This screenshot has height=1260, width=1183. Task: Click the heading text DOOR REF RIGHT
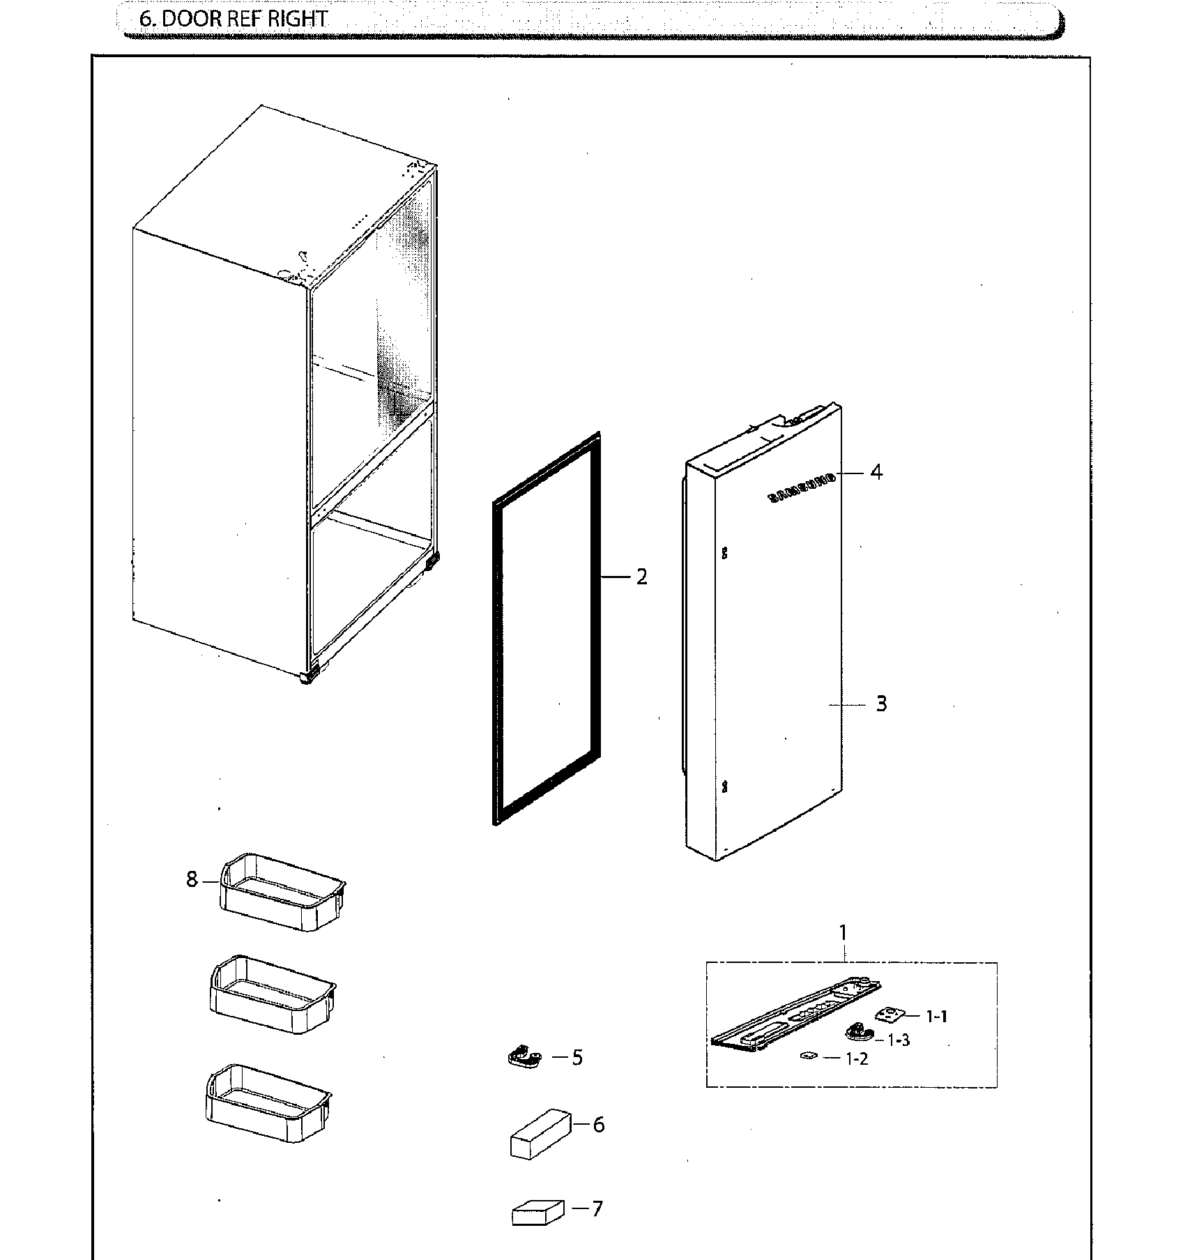click(x=233, y=19)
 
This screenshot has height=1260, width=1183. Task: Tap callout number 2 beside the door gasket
click(x=641, y=577)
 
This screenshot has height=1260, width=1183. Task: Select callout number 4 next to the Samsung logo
click(x=876, y=472)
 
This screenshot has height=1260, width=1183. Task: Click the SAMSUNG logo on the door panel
click(x=802, y=487)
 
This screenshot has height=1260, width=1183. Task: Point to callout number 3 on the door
click(x=881, y=704)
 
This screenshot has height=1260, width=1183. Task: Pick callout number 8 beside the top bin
click(x=192, y=879)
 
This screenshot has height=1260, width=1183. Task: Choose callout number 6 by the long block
click(x=598, y=1124)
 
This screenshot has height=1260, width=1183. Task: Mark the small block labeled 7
click(x=537, y=1212)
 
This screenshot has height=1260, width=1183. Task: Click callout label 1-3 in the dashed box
click(x=899, y=1040)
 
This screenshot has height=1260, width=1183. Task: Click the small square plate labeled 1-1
click(x=887, y=1014)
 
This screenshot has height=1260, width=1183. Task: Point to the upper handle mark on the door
click(x=724, y=552)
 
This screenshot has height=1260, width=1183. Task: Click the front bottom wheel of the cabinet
click(x=307, y=676)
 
